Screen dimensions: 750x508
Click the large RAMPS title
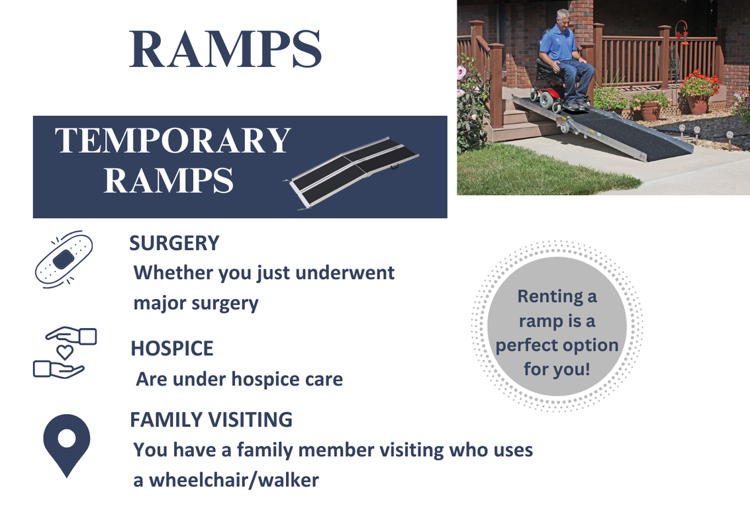pyautogui.click(x=225, y=49)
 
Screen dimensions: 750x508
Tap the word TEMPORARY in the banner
pyautogui.click(x=173, y=140)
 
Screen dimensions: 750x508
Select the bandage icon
pyautogui.click(x=64, y=259)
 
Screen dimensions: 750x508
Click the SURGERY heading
pyautogui.click(x=174, y=243)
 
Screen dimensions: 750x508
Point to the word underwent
pyautogui.click(x=345, y=273)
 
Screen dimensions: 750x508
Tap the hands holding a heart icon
pyautogui.click(x=65, y=353)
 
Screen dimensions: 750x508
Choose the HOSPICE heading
pyautogui.click(x=171, y=349)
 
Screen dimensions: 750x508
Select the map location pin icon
pyautogui.click(x=66, y=445)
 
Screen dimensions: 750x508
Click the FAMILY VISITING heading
pyautogui.click(x=211, y=420)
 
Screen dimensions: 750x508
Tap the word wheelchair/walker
pyautogui.click(x=234, y=480)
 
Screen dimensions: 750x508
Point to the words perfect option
pyautogui.click(x=557, y=345)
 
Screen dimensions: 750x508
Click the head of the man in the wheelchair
pyautogui.click(x=563, y=19)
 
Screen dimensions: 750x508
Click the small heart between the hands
pyautogui.click(x=65, y=352)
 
